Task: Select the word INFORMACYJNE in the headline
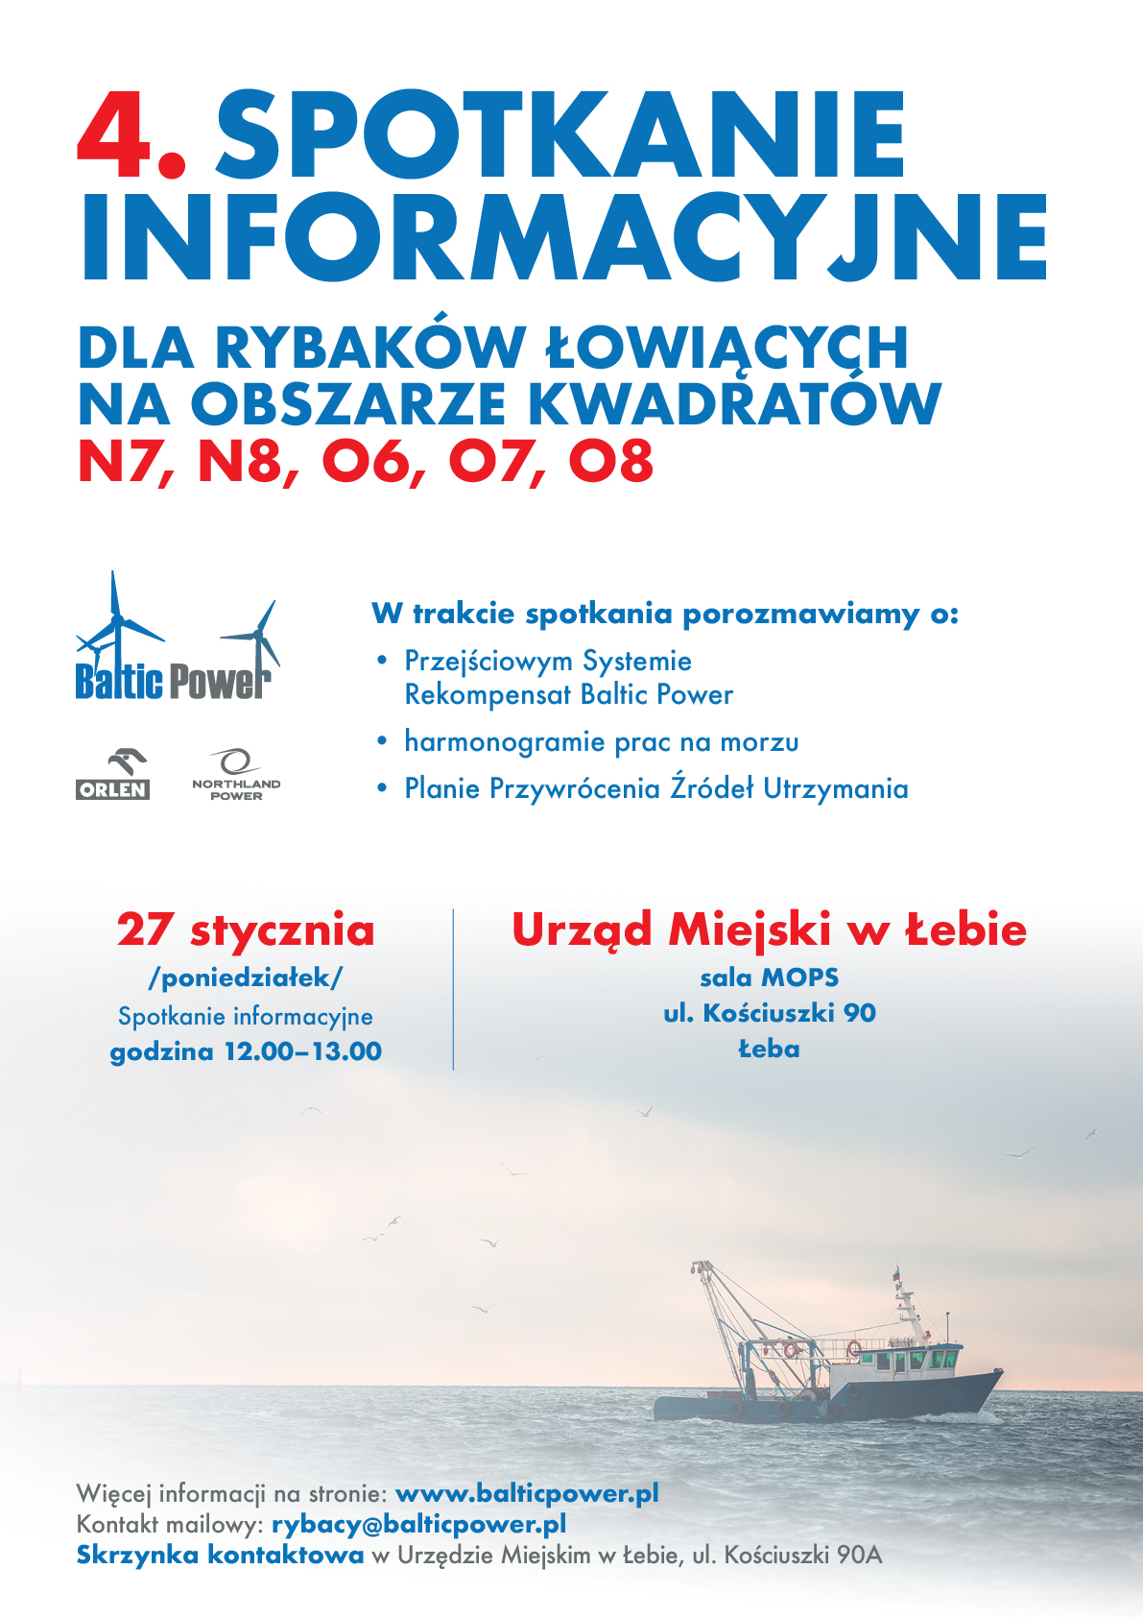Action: tap(564, 237)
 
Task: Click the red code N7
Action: tap(125, 461)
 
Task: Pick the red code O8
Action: tap(611, 461)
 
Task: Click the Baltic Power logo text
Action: tap(173, 681)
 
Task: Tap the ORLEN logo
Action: tap(112, 776)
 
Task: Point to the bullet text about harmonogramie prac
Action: tap(601, 742)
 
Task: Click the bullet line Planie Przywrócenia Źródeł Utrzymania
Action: tap(655, 789)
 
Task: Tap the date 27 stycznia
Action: tap(246, 930)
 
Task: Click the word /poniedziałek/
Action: tap(246, 978)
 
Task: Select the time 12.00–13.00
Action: tap(302, 1051)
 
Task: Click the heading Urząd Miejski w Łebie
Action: tap(769, 929)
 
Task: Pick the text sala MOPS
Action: tap(769, 977)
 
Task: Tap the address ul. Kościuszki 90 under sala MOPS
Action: tap(769, 1013)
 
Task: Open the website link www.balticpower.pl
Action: tap(527, 1493)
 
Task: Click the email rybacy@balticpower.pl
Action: tap(418, 1524)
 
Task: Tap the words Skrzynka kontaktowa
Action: tap(220, 1555)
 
